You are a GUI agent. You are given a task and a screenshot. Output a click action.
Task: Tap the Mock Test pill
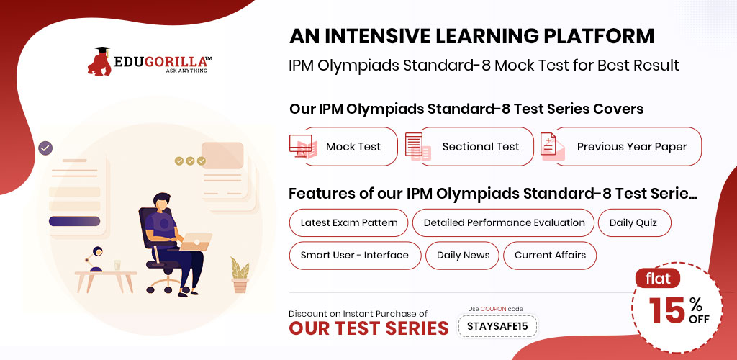pos(351,147)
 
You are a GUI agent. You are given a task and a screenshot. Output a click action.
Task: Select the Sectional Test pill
pos(476,147)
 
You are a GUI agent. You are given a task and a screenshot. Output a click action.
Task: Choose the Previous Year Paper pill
pos(628,147)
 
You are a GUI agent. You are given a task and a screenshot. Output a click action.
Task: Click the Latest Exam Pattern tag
pos(349,222)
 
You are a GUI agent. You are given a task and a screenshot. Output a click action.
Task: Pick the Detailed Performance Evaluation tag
pos(503,222)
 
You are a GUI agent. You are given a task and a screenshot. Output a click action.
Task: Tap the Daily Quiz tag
pos(635,222)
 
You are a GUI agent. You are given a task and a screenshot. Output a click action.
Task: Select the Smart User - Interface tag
pos(355,256)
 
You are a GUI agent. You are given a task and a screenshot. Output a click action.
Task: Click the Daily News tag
pos(462,256)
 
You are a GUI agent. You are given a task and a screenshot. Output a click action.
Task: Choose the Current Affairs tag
pos(550,256)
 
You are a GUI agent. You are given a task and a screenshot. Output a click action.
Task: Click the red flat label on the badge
pos(658,279)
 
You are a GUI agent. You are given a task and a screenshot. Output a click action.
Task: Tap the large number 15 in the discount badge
pos(667,310)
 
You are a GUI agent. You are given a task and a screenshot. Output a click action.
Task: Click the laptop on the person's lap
pos(196,242)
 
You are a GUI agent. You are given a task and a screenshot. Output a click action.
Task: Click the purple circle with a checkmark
pos(45,148)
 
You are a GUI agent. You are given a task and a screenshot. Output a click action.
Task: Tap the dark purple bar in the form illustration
pos(74,221)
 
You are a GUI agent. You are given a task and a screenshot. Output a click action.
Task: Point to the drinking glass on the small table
pos(117,266)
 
